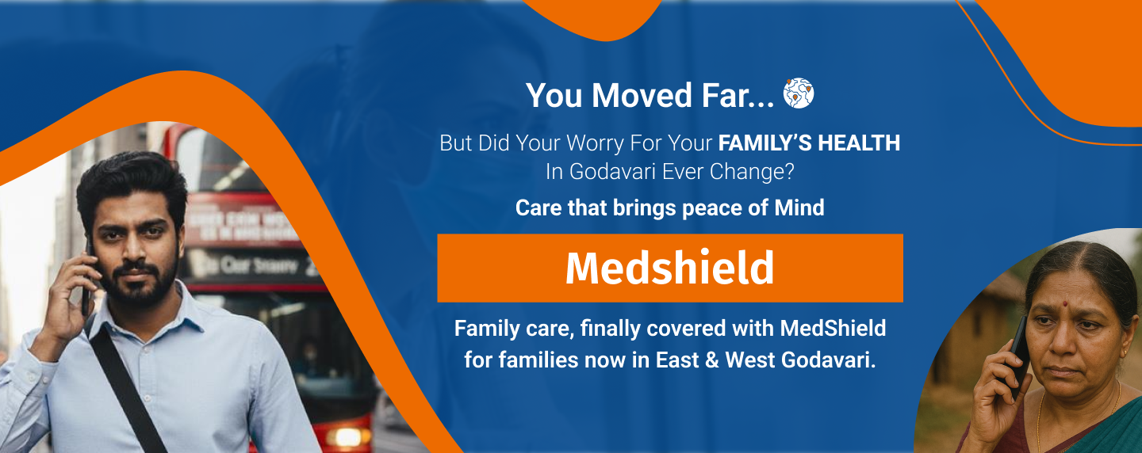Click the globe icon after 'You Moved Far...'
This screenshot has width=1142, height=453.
(799, 94)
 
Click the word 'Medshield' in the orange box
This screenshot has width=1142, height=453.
(669, 268)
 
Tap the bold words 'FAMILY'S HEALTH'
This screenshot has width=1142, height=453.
(809, 143)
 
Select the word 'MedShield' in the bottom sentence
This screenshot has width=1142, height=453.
(833, 327)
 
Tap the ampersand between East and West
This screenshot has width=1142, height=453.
(711, 360)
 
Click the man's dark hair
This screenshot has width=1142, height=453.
(131, 178)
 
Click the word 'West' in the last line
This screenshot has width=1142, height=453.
(750, 360)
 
